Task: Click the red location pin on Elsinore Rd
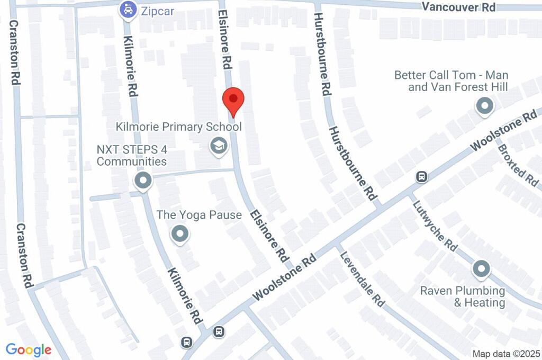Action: (x=233, y=100)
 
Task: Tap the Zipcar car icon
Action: (x=128, y=10)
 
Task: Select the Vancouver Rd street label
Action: (x=459, y=7)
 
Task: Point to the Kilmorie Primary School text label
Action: (x=179, y=127)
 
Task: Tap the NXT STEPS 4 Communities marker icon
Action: (x=143, y=181)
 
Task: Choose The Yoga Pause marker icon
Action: (x=180, y=233)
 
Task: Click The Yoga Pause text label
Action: (x=199, y=215)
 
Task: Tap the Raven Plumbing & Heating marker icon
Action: (x=481, y=269)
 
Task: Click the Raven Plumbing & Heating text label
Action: (x=463, y=296)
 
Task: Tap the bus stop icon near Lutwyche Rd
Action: (x=421, y=176)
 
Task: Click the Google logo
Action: (x=29, y=349)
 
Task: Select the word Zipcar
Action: (x=157, y=11)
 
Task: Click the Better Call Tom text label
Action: (x=451, y=80)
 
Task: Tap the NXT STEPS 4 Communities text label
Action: (x=132, y=155)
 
